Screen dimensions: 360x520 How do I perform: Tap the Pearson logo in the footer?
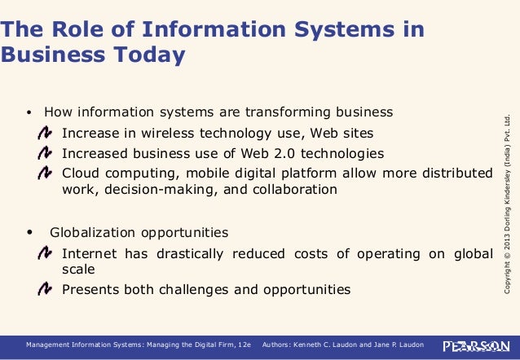(x=477, y=345)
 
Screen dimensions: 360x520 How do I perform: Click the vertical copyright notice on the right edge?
(x=507, y=204)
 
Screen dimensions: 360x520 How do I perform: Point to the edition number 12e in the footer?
(x=245, y=345)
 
